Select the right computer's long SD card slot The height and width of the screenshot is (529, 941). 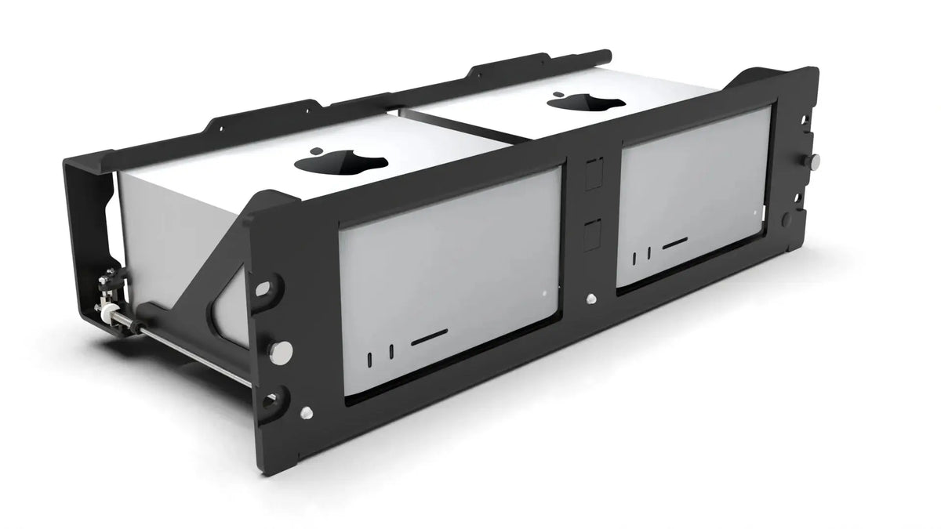[x=675, y=245]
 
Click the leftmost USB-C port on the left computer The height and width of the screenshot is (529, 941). [x=369, y=359]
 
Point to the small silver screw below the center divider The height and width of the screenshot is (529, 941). [x=589, y=298]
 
